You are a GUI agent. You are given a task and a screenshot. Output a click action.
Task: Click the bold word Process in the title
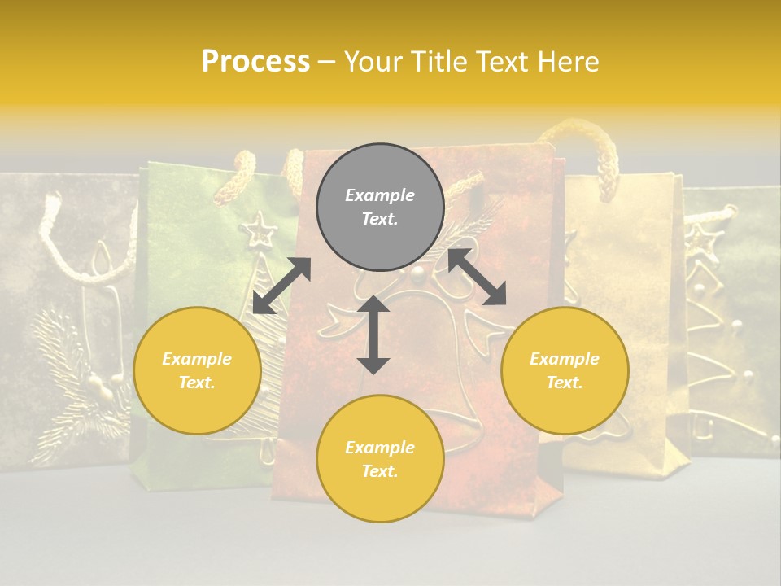pos(255,62)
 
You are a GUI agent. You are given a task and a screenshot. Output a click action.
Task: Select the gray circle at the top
pos(380,208)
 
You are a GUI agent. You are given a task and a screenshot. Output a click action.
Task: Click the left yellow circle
pos(197,370)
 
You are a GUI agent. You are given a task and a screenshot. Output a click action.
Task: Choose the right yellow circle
pos(565,370)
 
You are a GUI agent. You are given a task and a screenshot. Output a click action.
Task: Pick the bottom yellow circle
pos(380,458)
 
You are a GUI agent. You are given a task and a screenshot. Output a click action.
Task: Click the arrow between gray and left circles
pos(281,286)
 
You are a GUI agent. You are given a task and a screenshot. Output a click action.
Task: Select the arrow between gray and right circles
pos(477,277)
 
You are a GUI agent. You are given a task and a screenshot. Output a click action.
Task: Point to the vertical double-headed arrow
pos(373,335)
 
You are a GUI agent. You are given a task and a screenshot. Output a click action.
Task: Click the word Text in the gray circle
pos(380,220)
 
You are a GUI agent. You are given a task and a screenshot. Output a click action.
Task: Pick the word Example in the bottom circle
pos(380,448)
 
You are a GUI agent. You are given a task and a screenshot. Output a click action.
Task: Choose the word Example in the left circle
pos(197,359)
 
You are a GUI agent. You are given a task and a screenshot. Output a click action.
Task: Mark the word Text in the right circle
pos(565,383)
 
